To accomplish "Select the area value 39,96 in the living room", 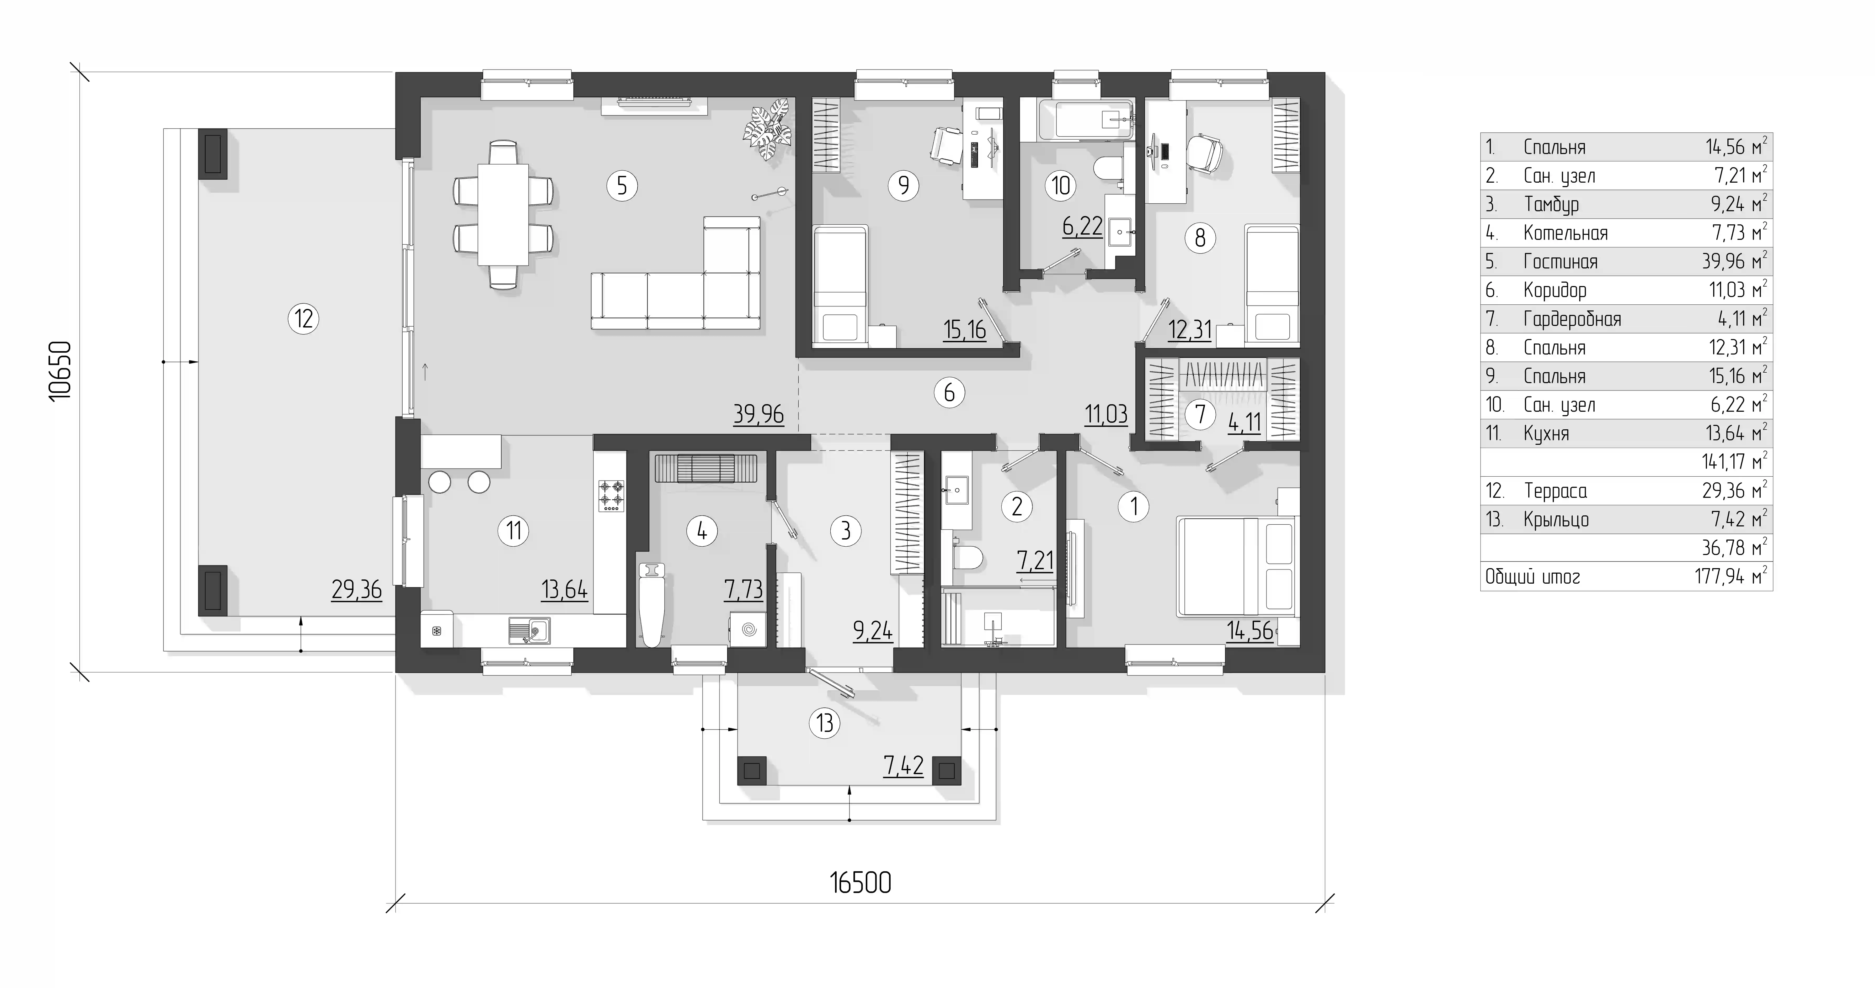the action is [x=758, y=414].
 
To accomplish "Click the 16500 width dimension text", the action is [x=860, y=883].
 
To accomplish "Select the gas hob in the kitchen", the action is [x=611, y=495].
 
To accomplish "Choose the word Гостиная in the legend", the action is [x=1561, y=261].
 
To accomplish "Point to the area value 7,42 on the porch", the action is [x=903, y=765].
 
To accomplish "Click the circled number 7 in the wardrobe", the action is [x=1200, y=414].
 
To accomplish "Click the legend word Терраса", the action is [x=1556, y=491].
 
